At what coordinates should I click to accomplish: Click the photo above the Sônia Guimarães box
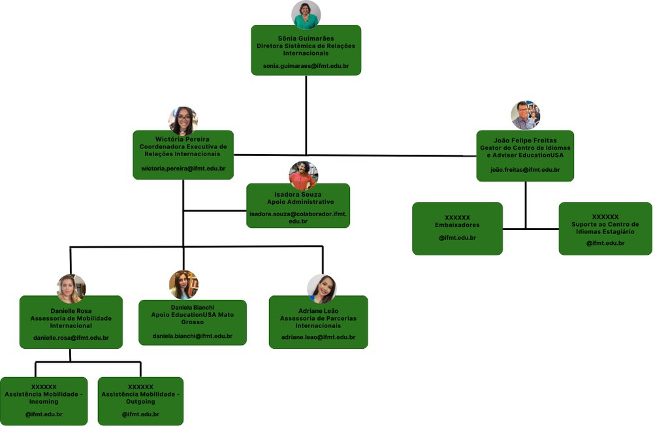click(306, 15)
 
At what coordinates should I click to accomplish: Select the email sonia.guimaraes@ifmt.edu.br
click(306, 67)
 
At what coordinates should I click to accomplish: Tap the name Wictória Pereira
click(183, 139)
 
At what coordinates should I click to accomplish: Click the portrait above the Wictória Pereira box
click(183, 121)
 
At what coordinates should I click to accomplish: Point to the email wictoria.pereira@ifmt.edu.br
click(183, 169)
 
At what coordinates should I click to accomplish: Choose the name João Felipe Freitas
click(525, 140)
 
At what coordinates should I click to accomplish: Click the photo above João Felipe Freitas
click(525, 115)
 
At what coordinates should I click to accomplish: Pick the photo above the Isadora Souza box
click(303, 175)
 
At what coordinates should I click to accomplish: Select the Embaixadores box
click(457, 228)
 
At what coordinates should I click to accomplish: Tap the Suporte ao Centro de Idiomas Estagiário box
click(605, 228)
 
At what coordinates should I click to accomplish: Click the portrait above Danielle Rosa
click(71, 288)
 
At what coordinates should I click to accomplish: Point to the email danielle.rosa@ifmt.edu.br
click(71, 338)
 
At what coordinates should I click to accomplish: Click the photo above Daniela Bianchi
click(183, 284)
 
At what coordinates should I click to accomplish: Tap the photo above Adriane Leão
click(321, 289)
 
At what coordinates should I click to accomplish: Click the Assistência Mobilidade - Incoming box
click(44, 401)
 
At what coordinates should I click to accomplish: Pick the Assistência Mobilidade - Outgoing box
click(140, 401)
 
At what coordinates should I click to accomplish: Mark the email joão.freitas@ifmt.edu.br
click(525, 170)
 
